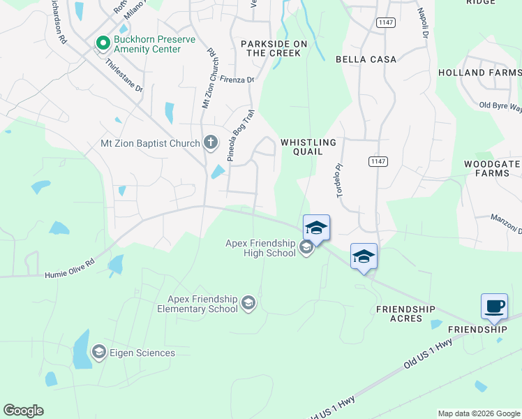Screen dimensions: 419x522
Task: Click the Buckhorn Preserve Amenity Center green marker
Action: (x=103, y=43)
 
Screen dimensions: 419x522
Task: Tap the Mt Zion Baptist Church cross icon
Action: (x=210, y=143)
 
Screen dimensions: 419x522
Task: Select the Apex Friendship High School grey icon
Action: (x=305, y=247)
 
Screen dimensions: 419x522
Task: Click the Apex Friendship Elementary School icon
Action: (x=248, y=303)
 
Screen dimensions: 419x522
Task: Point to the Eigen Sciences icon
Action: (x=98, y=353)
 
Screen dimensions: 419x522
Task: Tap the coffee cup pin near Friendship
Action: (x=494, y=306)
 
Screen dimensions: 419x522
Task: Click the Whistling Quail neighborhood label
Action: (x=308, y=147)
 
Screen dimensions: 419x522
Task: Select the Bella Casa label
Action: (x=366, y=60)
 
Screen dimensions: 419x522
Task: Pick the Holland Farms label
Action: (x=480, y=73)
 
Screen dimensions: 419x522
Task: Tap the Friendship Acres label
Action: (x=405, y=314)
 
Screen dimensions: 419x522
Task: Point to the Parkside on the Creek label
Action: (x=274, y=48)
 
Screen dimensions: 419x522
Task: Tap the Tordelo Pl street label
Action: (x=341, y=181)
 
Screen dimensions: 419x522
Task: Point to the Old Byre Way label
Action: (x=500, y=106)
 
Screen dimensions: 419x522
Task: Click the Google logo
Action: (x=23, y=411)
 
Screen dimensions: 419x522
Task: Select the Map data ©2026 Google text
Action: (x=478, y=413)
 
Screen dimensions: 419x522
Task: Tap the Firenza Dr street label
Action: (x=237, y=80)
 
